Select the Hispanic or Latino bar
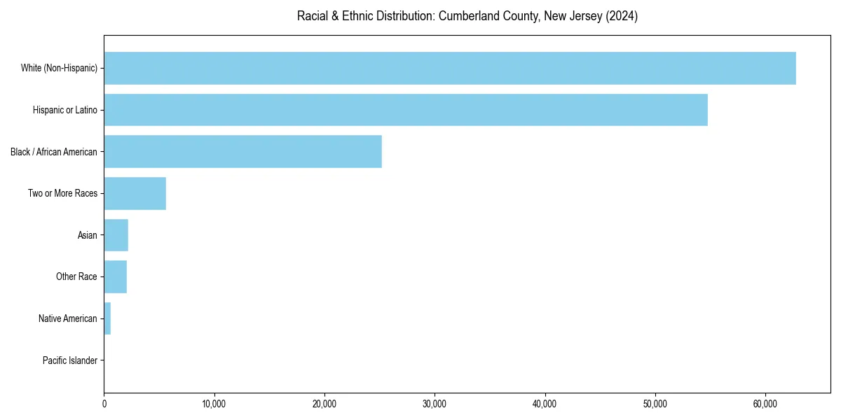click(406, 110)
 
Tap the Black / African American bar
click(243, 151)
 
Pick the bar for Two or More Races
click(135, 193)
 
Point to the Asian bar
click(116, 235)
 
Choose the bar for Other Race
click(116, 276)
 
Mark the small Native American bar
click(107, 318)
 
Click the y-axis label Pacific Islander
click(69, 360)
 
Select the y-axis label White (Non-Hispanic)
click(59, 68)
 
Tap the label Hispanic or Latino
click(64, 110)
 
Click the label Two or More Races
click(62, 193)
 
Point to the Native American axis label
click(67, 318)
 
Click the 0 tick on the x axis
click(104, 404)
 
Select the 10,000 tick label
click(214, 404)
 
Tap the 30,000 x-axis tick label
click(435, 404)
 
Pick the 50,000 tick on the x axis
click(655, 404)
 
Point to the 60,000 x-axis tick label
click(765, 404)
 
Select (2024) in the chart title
click(622, 16)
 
